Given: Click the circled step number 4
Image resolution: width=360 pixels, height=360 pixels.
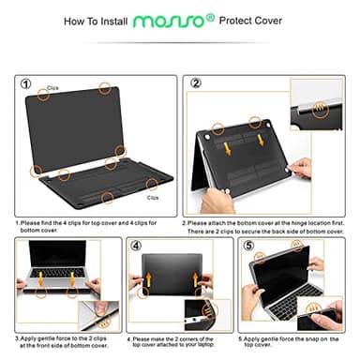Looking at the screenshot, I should coord(137,247).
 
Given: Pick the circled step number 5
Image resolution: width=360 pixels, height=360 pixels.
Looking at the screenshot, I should coord(248,247).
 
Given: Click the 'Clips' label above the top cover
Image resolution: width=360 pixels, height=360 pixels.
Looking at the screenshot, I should coord(52,88).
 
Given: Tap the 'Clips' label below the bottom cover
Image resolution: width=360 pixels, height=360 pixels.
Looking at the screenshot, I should coord(152,198).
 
